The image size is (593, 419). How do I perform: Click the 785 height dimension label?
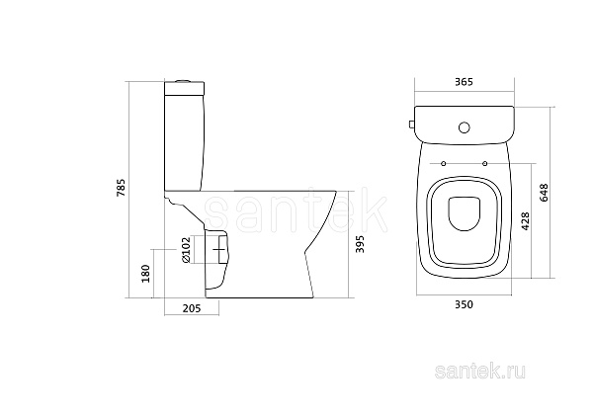click(x=121, y=187)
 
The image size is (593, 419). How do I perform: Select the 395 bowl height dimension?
click(x=360, y=244)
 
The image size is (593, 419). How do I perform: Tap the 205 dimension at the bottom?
click(x=192, y=308)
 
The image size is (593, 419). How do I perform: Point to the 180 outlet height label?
click(x=145, y=274)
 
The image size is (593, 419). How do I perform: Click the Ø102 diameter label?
click(x=186, y=250)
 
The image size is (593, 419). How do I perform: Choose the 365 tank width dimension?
click(x=465, y=82)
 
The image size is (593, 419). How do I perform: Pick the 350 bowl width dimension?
click(x=465, y=304)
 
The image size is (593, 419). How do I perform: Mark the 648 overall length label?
click(x=545, y=193)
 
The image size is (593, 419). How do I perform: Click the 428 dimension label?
click(x=526, y=221)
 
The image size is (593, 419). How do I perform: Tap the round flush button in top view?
click(x=465, y=127)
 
